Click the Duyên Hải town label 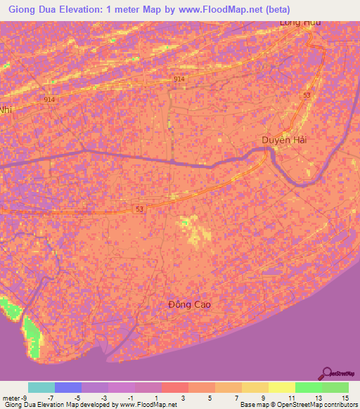285,140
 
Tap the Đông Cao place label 190,304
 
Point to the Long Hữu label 300,23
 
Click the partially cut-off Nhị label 6,110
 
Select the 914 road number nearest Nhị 49,100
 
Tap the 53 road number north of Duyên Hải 307,95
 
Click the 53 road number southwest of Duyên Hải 140,209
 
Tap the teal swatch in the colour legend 41,387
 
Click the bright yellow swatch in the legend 281,387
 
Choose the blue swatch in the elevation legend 68,387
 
